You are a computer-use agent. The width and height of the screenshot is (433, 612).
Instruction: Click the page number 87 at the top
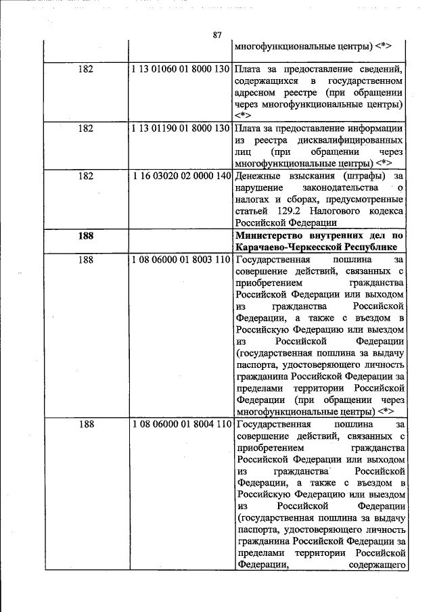pos(216,35)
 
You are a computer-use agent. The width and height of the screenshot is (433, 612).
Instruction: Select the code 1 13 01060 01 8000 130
pos(181,70)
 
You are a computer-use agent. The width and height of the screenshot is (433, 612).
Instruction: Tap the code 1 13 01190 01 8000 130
pos(181,128)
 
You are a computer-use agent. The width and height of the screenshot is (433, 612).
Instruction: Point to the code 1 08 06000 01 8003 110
pos(181,260)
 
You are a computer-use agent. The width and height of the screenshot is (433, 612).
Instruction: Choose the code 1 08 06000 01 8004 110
pos(181,425)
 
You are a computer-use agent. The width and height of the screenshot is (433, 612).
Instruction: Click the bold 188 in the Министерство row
pos(86,236)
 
